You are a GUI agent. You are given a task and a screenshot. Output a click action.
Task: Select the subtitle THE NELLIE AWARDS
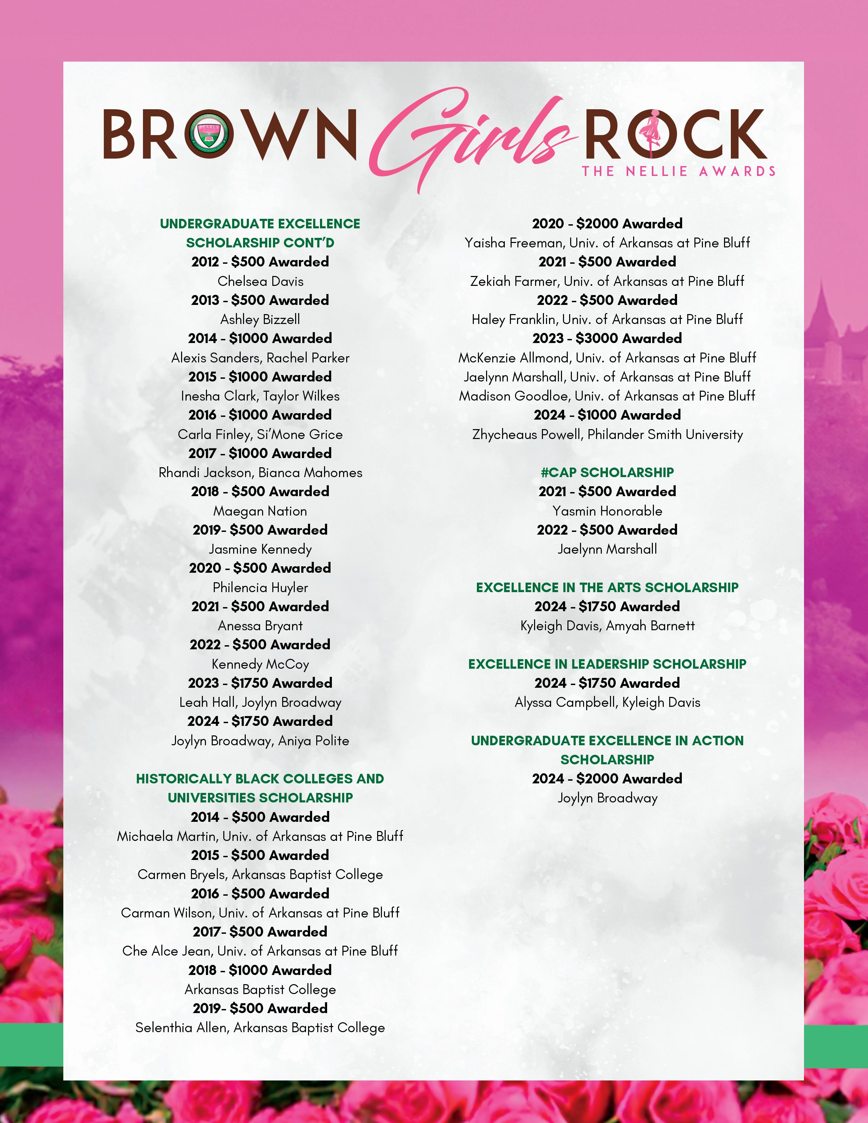(x=678, y=171)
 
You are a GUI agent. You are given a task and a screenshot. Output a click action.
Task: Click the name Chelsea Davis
(x=260, y=281)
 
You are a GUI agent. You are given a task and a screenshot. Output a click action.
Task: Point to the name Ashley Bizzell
(x=260, y=319)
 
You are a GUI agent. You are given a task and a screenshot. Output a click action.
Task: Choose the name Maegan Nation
(x=260, y=511)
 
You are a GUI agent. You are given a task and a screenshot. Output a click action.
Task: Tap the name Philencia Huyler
(x=260, y=588)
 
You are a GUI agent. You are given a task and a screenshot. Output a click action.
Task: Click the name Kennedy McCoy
(x=260, y=664)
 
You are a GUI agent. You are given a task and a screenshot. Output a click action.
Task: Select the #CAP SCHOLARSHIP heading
(x=607, y=473)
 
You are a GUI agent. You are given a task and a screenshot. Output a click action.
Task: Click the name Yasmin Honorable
(x=607, y=511)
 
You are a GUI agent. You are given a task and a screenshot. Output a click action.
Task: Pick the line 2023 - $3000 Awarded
(x=607, y=338)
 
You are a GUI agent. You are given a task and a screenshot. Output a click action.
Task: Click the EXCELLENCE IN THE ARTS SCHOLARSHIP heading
(x=607, y=588)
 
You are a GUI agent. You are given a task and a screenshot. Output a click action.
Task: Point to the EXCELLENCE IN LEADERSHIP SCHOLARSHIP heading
(x=607, y=664)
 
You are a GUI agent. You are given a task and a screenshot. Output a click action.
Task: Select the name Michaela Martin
(x=167, y=836)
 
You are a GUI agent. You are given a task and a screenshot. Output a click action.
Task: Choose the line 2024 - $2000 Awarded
(x=607, y=779)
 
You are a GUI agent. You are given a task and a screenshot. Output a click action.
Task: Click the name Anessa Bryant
(x=260, y=626)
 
